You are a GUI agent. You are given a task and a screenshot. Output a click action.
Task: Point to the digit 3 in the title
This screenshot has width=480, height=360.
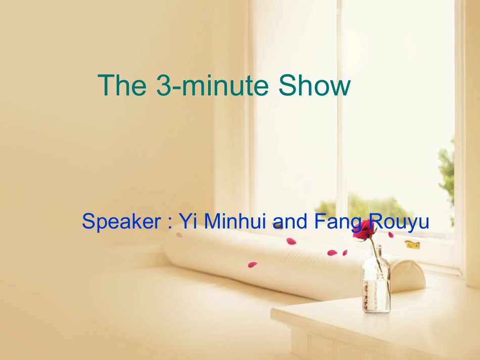tap(163, 86)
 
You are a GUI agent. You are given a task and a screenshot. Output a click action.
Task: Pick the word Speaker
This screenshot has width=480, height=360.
tap(119, 222)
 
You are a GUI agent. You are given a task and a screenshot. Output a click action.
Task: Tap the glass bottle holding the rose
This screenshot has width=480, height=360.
tap(376, 283)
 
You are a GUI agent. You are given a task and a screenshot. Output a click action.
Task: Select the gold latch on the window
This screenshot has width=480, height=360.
tap(412, 244)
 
